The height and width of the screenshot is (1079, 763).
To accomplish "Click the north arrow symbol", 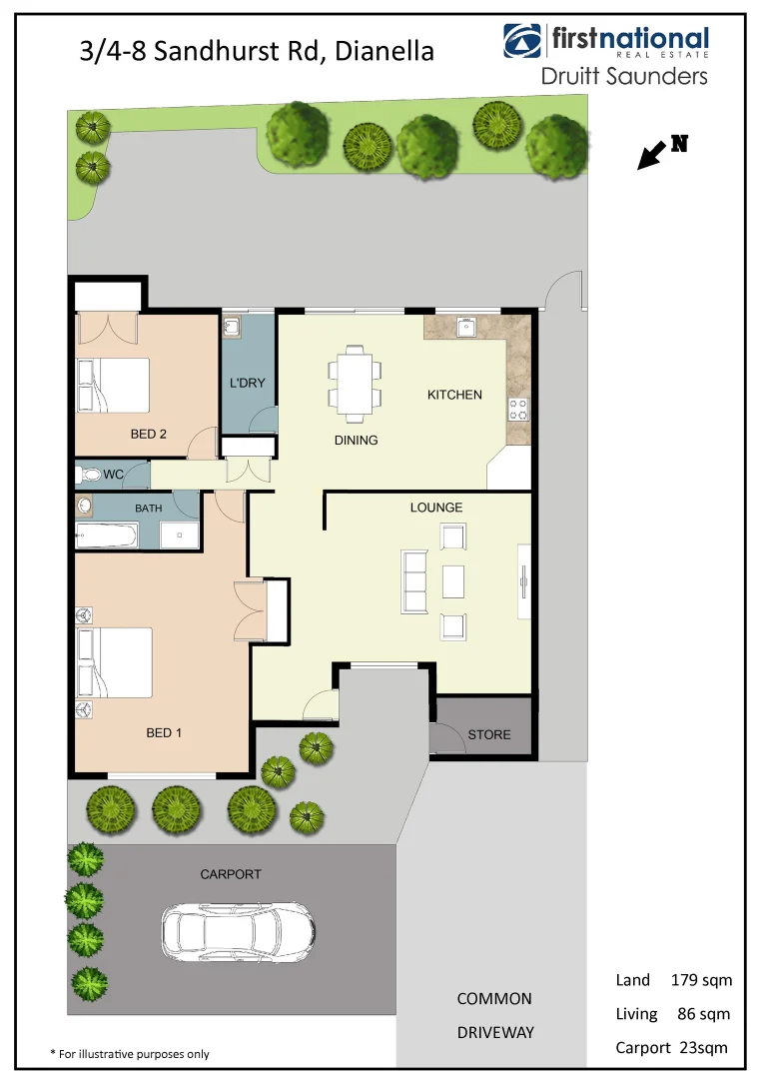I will [x=652, y=155].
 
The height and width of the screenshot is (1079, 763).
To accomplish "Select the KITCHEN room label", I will [x=454, y=395].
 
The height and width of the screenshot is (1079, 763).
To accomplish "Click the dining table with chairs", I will [x=355, y=383].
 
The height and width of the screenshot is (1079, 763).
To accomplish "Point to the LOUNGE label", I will [x=436, y=508].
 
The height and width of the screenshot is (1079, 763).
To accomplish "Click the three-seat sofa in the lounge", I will [x=413, y=580].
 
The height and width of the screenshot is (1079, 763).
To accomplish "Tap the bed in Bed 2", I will [x=113, y=385].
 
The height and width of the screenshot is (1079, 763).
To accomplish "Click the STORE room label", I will [x=489, y=734].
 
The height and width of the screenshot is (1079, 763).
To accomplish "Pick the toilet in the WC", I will [x=88, y=475].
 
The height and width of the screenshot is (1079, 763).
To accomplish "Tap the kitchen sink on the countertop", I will [x=463, y=327].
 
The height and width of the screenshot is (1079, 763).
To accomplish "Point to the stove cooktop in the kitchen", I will [x=519, y=409].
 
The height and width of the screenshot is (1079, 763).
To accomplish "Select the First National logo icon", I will [x=523, y=41].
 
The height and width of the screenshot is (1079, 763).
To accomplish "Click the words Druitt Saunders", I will [x=623, y=76].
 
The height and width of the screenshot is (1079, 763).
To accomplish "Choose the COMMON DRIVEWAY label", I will [x=494, y=1015].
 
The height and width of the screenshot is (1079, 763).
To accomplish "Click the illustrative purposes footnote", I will [x=130, y=1053].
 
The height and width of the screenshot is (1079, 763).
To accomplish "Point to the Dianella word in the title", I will [x=384, y=50].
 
